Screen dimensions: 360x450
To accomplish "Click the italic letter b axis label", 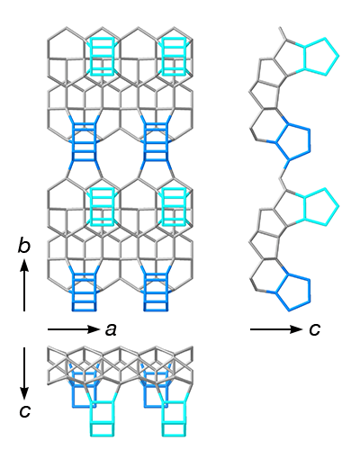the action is click(24, 247).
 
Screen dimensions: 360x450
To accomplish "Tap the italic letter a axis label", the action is click(111, 330).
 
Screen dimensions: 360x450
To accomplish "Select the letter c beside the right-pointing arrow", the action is click(315, 329).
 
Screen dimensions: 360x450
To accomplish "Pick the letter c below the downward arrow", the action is click(24, 411).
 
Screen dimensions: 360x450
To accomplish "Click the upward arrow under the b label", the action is click(24, 285).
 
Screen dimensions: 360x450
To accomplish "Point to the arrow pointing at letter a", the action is click(74, 329).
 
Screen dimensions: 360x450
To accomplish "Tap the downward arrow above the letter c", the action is click(24, 373).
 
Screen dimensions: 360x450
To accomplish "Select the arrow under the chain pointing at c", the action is click(276, 329).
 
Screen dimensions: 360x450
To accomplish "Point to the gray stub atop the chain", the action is click(283, 32).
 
